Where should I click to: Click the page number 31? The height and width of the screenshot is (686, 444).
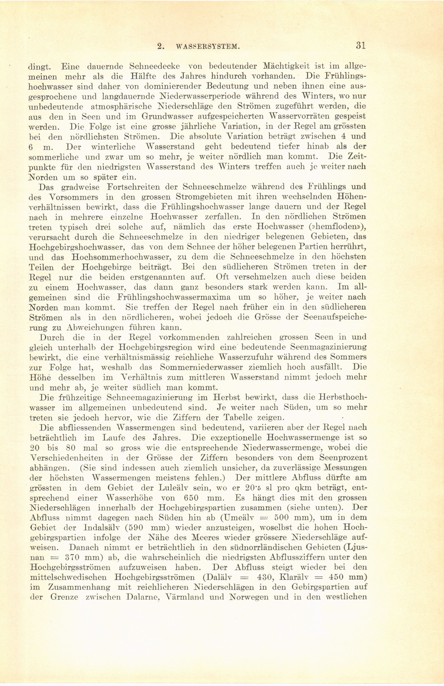tap(360, 46)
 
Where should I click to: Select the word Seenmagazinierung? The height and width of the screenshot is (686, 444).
tap(327, 347)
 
